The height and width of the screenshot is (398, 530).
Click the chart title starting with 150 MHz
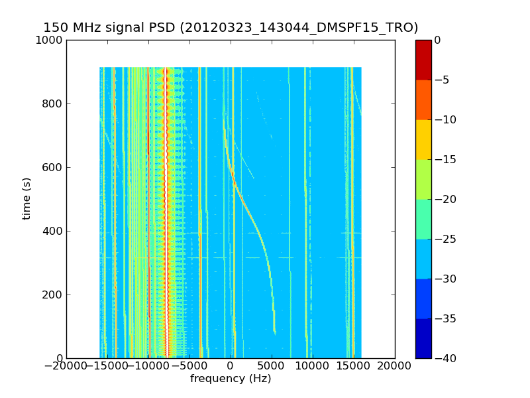(x=231, y=28)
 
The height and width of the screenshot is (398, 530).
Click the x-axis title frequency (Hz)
(x=231, y=379)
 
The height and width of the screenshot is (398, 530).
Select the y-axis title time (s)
(x=27, y=198)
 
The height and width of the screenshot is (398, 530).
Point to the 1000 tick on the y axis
(x=50, y=40)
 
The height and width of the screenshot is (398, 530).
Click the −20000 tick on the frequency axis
(x=66, y=366)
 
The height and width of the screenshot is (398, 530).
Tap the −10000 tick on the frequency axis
(x=148, y=366)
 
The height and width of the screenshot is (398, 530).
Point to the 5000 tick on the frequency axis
(x=272, y=366)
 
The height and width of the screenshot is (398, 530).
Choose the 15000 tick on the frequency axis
(x=354, y=366)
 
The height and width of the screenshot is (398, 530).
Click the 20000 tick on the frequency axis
(x=395, y=366)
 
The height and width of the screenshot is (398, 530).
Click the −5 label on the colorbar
(x=442, y=80)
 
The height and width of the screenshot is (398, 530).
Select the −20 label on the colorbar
(x=445, y=200)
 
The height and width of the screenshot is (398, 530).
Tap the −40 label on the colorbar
(x=445, y=359)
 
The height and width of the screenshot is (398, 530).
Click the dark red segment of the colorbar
(x=423, y=60)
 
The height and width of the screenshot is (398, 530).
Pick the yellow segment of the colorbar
(x=423, y=139)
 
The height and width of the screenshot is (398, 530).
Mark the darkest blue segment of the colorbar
(x=423, y=338)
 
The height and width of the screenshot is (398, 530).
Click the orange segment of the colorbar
(x=423, y=99)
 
